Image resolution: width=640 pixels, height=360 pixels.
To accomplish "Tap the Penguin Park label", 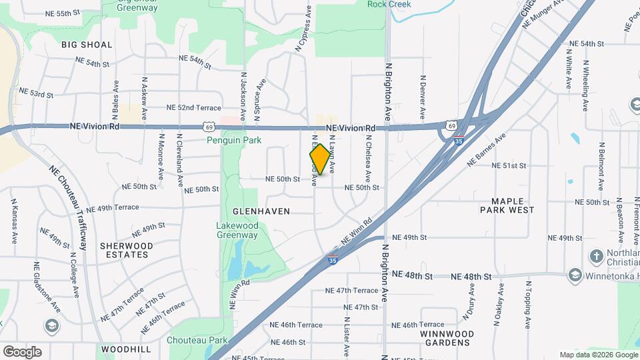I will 235,141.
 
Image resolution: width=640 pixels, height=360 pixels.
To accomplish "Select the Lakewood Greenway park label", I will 237,230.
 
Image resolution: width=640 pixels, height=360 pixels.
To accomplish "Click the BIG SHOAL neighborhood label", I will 87,45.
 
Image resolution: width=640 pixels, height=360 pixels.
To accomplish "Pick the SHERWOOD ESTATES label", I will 126,250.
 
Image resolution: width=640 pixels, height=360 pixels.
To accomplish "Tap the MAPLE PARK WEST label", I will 507,205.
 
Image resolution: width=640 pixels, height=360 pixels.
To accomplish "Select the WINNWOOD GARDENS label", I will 447,338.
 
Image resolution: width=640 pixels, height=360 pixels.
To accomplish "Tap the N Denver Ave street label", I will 423,97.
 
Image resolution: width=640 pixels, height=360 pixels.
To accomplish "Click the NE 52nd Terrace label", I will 193,107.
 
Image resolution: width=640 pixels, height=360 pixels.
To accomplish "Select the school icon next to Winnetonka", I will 574,275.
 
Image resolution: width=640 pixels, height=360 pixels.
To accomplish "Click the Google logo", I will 22,351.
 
